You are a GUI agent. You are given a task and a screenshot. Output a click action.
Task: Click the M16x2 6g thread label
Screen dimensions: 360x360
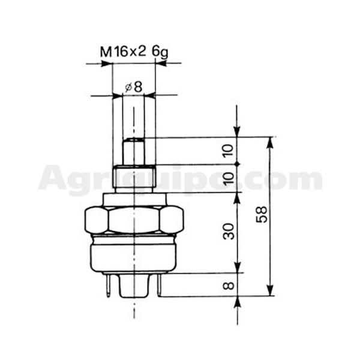pos(134,53)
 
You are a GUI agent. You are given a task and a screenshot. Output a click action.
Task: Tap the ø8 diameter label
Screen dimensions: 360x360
pos(133,87)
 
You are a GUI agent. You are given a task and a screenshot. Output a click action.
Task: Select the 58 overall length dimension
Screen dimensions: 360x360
pos(262,214)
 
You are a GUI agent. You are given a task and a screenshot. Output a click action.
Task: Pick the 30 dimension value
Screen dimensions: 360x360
pos(229,231)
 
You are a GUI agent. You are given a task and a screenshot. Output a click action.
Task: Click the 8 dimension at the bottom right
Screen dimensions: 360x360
pos(229,286)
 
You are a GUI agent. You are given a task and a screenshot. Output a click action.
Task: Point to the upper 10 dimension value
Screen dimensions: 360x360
pos(229,151)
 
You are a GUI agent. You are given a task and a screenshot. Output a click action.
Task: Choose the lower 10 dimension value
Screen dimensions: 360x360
pos(229,179)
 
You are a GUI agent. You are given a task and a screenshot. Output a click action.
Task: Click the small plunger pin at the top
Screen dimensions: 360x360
pos(133,151)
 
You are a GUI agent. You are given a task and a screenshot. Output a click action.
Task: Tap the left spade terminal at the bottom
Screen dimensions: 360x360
pos(108,285)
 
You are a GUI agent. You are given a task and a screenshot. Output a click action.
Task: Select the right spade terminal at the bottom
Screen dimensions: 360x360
pos(160,284)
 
